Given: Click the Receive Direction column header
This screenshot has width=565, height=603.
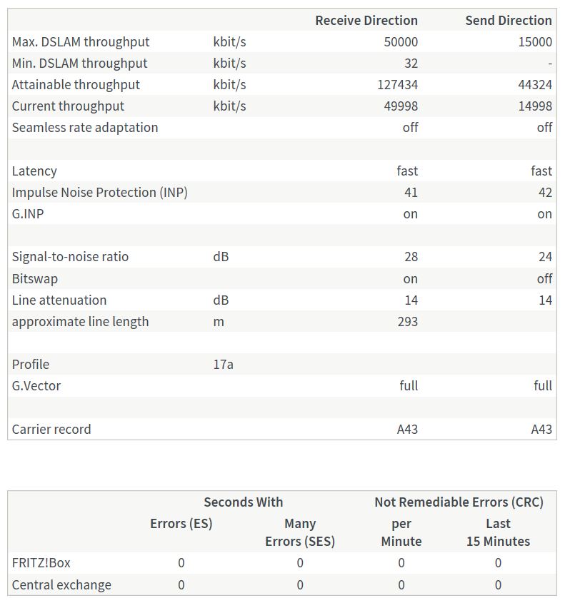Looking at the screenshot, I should tap(366, 20).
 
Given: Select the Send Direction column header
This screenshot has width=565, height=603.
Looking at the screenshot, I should tap(508, 20).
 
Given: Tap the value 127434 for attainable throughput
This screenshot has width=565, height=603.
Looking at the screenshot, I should tap(397, 84).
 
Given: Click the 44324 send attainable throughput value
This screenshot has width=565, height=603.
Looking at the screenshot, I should tap(534, 84).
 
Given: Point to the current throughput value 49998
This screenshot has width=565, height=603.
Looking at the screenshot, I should tap(401, 106).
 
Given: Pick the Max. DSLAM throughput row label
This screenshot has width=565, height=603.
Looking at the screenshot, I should tap(80, 41).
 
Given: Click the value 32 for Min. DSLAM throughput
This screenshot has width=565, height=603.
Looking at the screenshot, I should tap(410, 63).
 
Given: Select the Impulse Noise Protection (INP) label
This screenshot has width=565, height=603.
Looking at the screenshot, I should tap(99, 192).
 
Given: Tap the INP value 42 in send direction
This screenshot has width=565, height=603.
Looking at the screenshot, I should tap(544, 192).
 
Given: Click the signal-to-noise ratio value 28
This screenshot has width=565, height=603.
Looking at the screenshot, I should tap(410, 256).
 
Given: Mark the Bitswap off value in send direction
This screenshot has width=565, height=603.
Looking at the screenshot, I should tap(544, 278).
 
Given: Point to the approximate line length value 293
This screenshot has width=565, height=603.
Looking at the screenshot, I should tap(407, 321).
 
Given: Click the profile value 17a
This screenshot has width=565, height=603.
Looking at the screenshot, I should tap(223, 364).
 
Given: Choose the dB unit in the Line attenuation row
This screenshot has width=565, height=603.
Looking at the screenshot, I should tap(221, 300).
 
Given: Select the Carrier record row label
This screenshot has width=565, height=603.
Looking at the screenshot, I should tap(51, 429).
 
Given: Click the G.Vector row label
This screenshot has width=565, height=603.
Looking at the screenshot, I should tap(36, 385).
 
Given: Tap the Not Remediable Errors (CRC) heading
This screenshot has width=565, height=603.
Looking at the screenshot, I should tap(459, 502).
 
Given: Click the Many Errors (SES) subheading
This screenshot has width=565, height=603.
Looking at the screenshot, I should tap(299, 532).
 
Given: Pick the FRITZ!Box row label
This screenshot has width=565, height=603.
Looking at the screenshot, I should tap(41, 562).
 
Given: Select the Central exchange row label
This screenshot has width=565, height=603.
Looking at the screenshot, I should tap(61, 584).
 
